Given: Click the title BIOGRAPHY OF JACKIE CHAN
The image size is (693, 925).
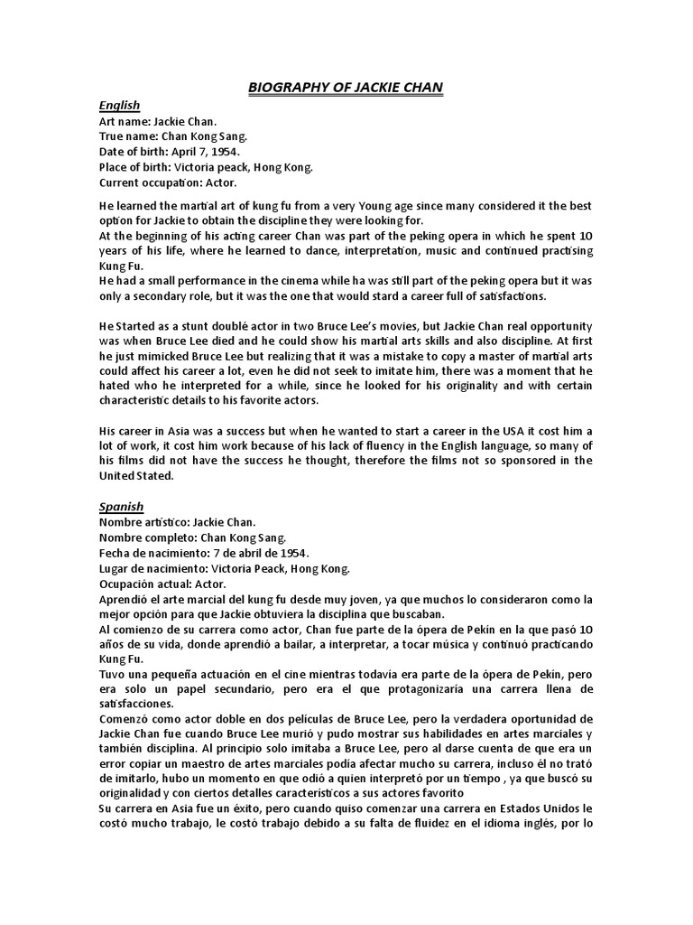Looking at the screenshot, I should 346,87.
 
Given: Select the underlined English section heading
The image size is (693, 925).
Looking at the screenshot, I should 119,106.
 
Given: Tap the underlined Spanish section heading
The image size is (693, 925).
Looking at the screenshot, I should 121,507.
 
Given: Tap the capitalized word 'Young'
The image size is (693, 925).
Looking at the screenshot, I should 388,206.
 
